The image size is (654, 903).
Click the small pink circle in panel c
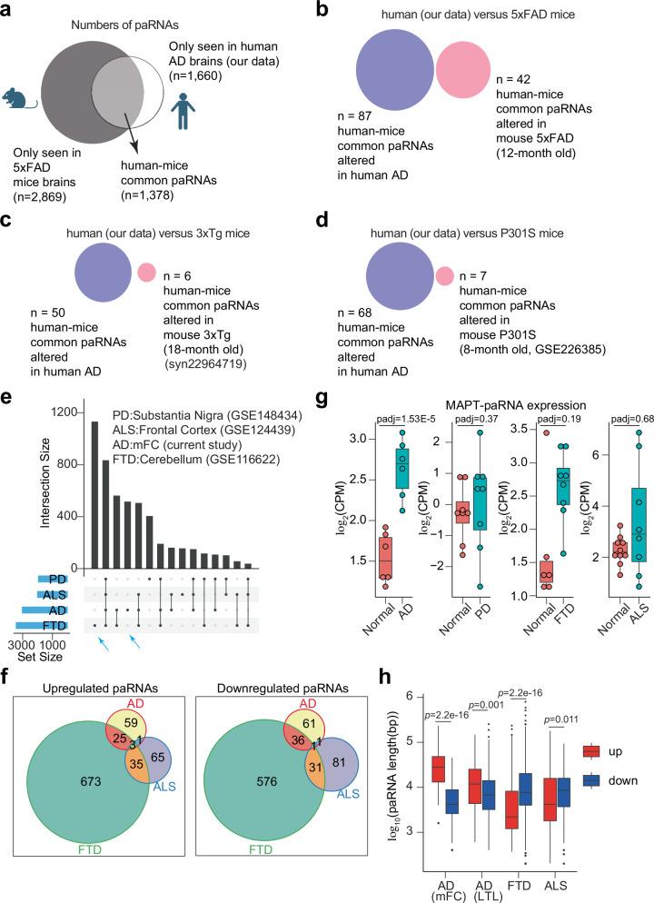[x=144, y=271]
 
